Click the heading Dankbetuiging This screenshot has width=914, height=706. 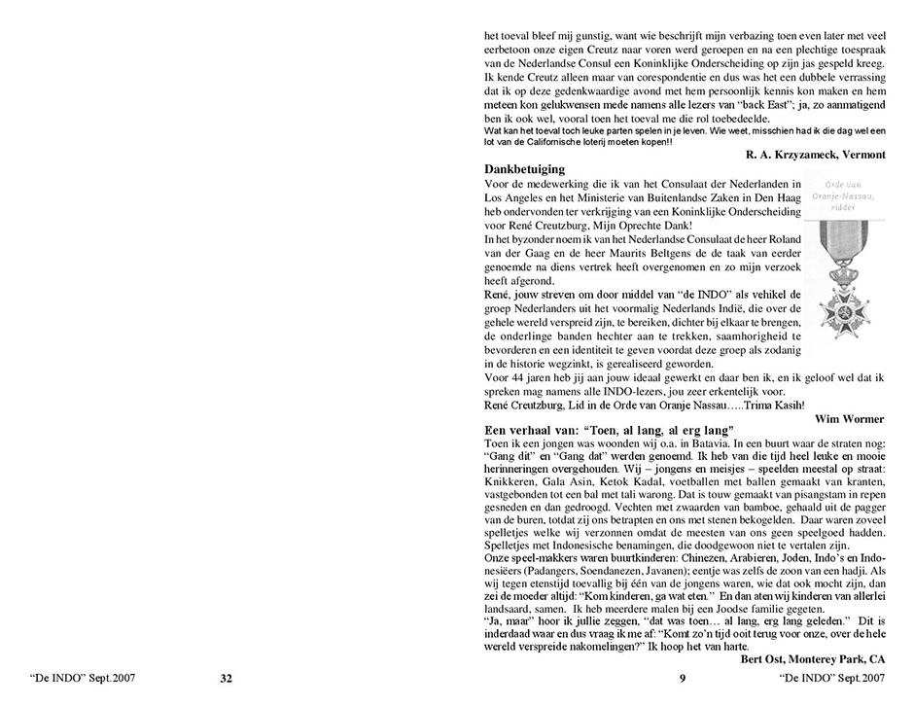point(524,168)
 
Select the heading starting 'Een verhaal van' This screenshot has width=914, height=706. point(608,430)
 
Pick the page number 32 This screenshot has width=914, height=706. point(227,679)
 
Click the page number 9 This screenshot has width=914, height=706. point(683,679)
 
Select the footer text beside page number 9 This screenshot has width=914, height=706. point(832,679)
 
